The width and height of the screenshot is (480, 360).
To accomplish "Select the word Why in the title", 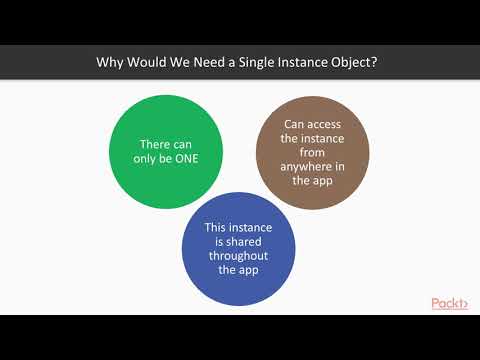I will click(x=109, y=61).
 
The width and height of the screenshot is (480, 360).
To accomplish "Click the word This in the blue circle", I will click(x=210, y=227).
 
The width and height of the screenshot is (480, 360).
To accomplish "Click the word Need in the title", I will click(x=203, y=61).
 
